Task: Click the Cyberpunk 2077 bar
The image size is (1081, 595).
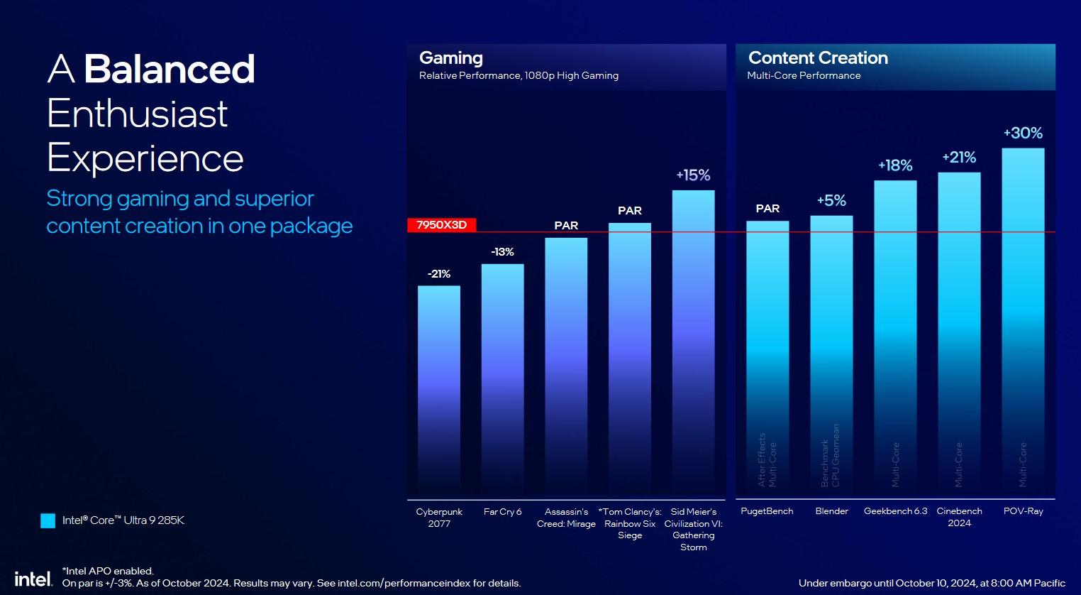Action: [439, 391]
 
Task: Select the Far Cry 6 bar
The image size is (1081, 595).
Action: [503, 380]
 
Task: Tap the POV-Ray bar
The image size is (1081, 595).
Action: [1023, 320]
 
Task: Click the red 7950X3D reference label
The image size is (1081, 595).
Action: [441, 225]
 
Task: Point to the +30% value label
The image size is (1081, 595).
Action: [1023, 133]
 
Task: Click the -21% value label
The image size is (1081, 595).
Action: [439, 274]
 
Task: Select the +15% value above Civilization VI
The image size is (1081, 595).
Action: [693, 175]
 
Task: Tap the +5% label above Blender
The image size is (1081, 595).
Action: [831, 201]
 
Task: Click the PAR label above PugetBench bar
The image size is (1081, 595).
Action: [767, 209]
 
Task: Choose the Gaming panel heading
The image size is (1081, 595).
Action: [451, 58]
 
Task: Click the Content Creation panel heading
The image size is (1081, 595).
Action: [818, 58]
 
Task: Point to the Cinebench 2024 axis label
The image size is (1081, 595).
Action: [959, 517]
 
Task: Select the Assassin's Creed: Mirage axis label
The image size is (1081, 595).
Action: [566, 518]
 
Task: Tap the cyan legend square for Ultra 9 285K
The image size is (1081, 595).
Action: [48, 520]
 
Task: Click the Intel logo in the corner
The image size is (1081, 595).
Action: [33, 579]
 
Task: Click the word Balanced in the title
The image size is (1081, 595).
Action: [169, 70]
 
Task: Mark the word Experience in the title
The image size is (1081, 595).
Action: [145, 158]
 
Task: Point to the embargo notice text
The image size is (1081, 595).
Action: [931, 583]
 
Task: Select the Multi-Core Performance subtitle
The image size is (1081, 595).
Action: [804, 76]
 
